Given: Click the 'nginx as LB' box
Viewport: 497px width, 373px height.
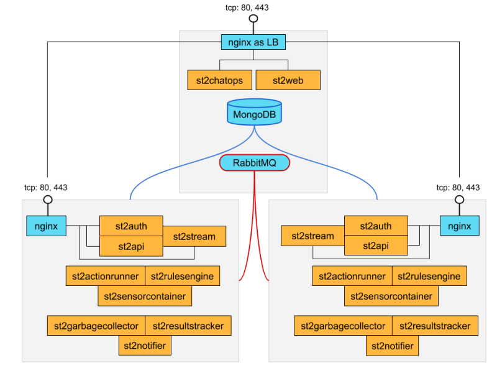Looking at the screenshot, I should point(253,42).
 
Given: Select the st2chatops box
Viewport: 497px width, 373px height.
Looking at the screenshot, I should point(220,80).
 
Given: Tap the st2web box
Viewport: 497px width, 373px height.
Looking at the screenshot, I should point(288,80).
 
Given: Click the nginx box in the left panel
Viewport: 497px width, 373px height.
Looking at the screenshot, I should point(46,226).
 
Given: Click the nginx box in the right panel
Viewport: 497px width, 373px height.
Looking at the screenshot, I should point(460,226).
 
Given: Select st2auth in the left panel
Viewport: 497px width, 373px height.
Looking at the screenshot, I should point(131,226).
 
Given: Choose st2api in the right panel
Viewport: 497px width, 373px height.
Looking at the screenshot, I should point(376,246).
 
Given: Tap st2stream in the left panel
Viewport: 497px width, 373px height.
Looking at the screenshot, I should point(194,236).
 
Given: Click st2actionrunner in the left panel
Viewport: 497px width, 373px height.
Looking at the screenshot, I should point(105,276).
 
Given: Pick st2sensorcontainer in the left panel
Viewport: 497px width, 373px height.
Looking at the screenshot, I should point(145,297).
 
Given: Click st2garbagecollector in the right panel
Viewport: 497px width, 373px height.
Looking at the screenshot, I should point(343,325).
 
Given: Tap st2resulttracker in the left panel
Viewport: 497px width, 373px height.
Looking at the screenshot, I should point(188,325).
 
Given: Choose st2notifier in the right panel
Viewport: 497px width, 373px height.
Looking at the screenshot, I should point(391,345).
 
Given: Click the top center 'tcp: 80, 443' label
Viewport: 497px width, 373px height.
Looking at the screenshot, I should point(247,7).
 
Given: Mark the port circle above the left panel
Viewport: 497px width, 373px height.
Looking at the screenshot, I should point(47,199).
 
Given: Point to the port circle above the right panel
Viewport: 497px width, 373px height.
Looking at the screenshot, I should point(460,199).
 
